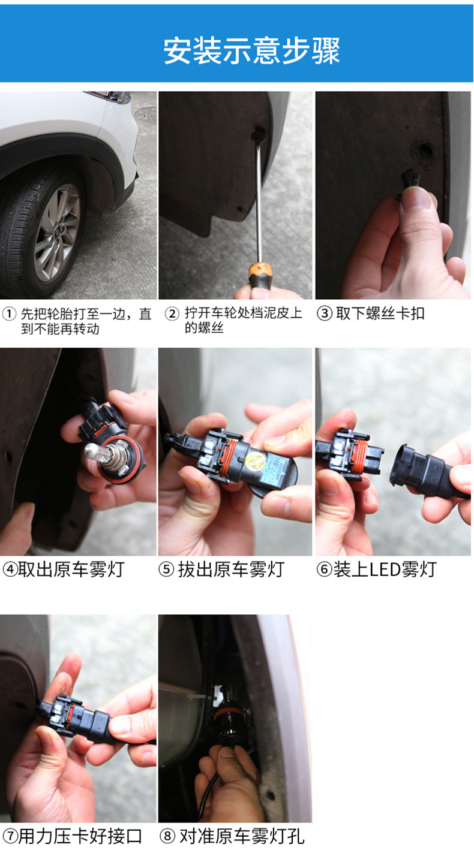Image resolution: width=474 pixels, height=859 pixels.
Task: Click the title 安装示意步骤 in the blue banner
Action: (252, 50)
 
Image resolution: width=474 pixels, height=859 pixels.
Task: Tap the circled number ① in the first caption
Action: (9, 315)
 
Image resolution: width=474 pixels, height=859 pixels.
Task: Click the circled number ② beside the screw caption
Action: (172, 314)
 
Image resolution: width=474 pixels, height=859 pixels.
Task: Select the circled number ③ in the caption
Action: (325, 314)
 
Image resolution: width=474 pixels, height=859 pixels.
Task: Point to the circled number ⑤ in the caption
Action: (166, 569)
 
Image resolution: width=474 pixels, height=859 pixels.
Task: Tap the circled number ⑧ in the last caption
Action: (167, 836)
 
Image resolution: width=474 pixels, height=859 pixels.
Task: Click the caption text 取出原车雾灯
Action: (71, 569)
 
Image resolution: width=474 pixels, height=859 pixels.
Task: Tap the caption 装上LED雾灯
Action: (385, 569)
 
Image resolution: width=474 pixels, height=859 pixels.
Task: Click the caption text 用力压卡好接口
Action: (80, 836)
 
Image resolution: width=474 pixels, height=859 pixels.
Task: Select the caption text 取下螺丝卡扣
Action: (380, 314)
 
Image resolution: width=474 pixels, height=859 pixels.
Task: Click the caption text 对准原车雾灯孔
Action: (242, 836)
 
